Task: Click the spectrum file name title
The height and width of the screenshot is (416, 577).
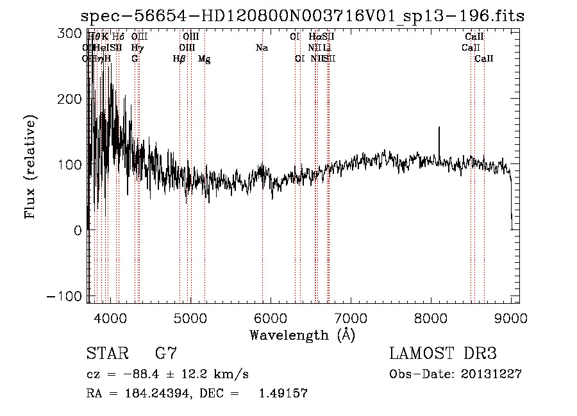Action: click(305, 16)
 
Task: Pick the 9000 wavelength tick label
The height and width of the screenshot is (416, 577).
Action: click(511, 317)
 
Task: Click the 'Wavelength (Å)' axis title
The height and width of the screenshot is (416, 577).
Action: click(302, 335)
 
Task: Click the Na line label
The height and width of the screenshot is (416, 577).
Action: click(262, 47)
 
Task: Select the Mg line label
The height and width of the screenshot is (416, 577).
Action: click(204, 59)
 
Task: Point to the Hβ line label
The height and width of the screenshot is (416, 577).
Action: click(180, 59)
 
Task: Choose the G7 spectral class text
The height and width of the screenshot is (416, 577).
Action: click(165, 353)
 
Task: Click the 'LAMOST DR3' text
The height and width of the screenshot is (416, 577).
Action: click(442, 353)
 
